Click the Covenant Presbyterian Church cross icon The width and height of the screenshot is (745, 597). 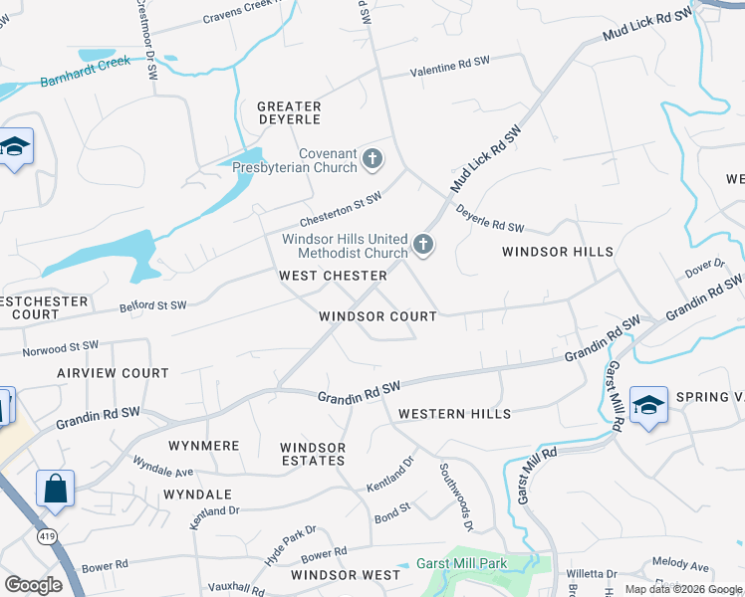(x=372, y=158)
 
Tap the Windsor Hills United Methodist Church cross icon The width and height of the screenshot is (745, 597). (x=423, y=245)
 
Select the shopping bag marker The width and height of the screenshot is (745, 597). (x=55, y=490)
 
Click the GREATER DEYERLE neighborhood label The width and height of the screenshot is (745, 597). (x=289, y=112)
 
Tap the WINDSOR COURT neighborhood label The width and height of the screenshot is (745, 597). (x=377, y=316)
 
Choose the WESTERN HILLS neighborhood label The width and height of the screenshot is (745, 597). (x=454, y=414)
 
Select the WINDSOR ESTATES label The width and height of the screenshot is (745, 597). (x=313, y=454)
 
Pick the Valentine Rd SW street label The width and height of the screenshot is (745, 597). (x=451, y=66)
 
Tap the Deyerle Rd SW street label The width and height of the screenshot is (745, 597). (x=490, y=220)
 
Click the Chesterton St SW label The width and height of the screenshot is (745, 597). (x=343, y=211)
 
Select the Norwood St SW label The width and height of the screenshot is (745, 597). (x=62, y=347)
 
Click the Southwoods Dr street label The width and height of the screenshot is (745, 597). (x=452, y=484)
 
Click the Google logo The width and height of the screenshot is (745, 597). (x=34, y=585)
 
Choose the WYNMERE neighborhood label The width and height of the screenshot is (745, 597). (x=204, y=446)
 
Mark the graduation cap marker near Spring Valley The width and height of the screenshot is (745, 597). (x=648, y=405)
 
